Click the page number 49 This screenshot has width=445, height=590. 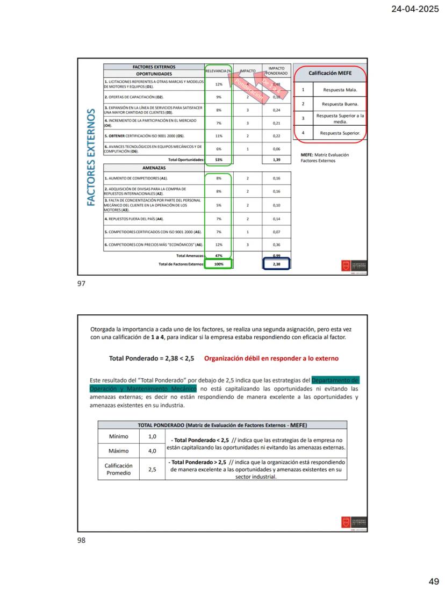coord(434,581)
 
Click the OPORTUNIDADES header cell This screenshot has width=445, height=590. coord(154,74)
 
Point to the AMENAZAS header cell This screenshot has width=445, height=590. coord(154,168)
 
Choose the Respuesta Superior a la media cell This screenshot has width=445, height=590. coord(340,118)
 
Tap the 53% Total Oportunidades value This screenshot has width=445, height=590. coord(219,160)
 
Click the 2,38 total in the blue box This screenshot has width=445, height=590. coord(276,264)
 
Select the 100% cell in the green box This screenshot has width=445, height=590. coord(219,264)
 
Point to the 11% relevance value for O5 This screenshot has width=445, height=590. coord(219,136)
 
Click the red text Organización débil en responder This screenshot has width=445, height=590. coord(271,358)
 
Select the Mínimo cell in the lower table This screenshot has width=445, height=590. coord(118,437)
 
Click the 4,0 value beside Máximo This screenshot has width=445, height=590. coord(152,451)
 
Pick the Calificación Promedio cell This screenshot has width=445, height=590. coord(118,469)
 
